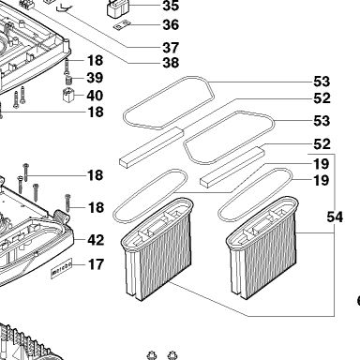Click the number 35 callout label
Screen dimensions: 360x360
point(171,6)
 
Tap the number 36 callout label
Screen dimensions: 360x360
point(171,24)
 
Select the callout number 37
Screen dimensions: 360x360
point(171,48)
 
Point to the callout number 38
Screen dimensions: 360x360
point(171,63)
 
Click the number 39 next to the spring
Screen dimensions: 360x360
point(95,78)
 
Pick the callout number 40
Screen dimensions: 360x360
point(95,96)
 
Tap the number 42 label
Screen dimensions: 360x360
point(96,240)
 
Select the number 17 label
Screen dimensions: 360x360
point(96,264)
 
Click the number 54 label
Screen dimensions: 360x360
point(335,217)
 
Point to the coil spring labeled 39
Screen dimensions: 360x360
point(67,80)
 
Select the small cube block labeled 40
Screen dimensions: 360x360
point(68,95)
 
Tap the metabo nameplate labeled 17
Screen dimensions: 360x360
point(62,268)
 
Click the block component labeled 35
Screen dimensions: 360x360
point(117,8)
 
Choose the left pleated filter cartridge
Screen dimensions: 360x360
point(157,248)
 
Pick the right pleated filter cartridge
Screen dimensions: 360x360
point(262,247)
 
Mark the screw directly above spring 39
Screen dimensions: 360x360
point(67,67)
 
